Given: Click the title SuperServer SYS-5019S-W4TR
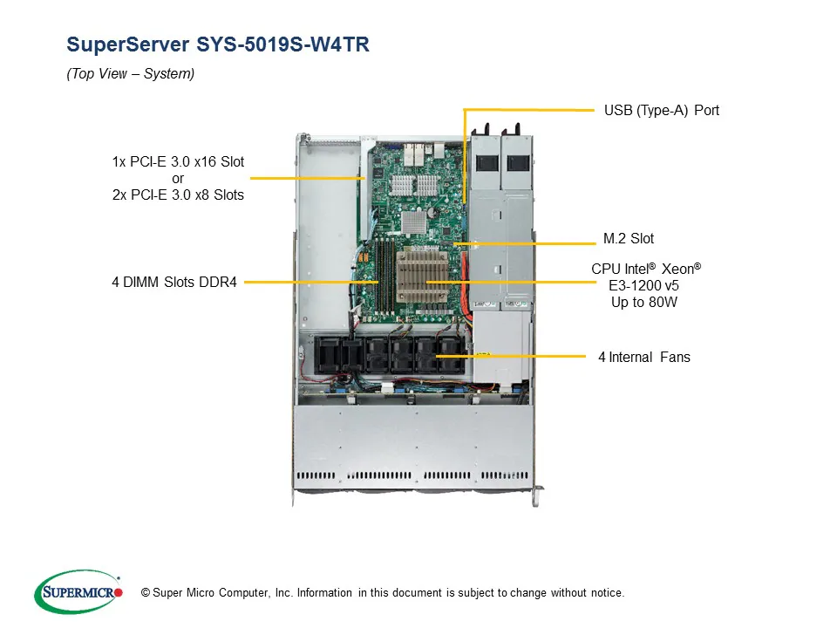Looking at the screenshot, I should coord(218,45).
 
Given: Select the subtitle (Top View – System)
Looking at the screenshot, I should coord(131,74).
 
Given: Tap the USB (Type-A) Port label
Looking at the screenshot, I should coord(661,111).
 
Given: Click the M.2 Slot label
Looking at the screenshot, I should coord(628,238).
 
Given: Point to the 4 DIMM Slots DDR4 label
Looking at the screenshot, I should coord(174,283).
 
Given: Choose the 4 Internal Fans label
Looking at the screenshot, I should coord(643,357).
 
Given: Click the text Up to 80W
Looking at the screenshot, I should coord(644,303).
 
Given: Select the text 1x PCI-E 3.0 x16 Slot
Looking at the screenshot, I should coord(178,162).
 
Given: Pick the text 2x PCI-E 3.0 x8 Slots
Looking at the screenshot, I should coord(178,195).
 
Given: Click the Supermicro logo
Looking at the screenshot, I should coord(78,592).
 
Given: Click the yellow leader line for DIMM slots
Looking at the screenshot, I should coord(310,283).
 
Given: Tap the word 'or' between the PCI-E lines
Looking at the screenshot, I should coord(178,179).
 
